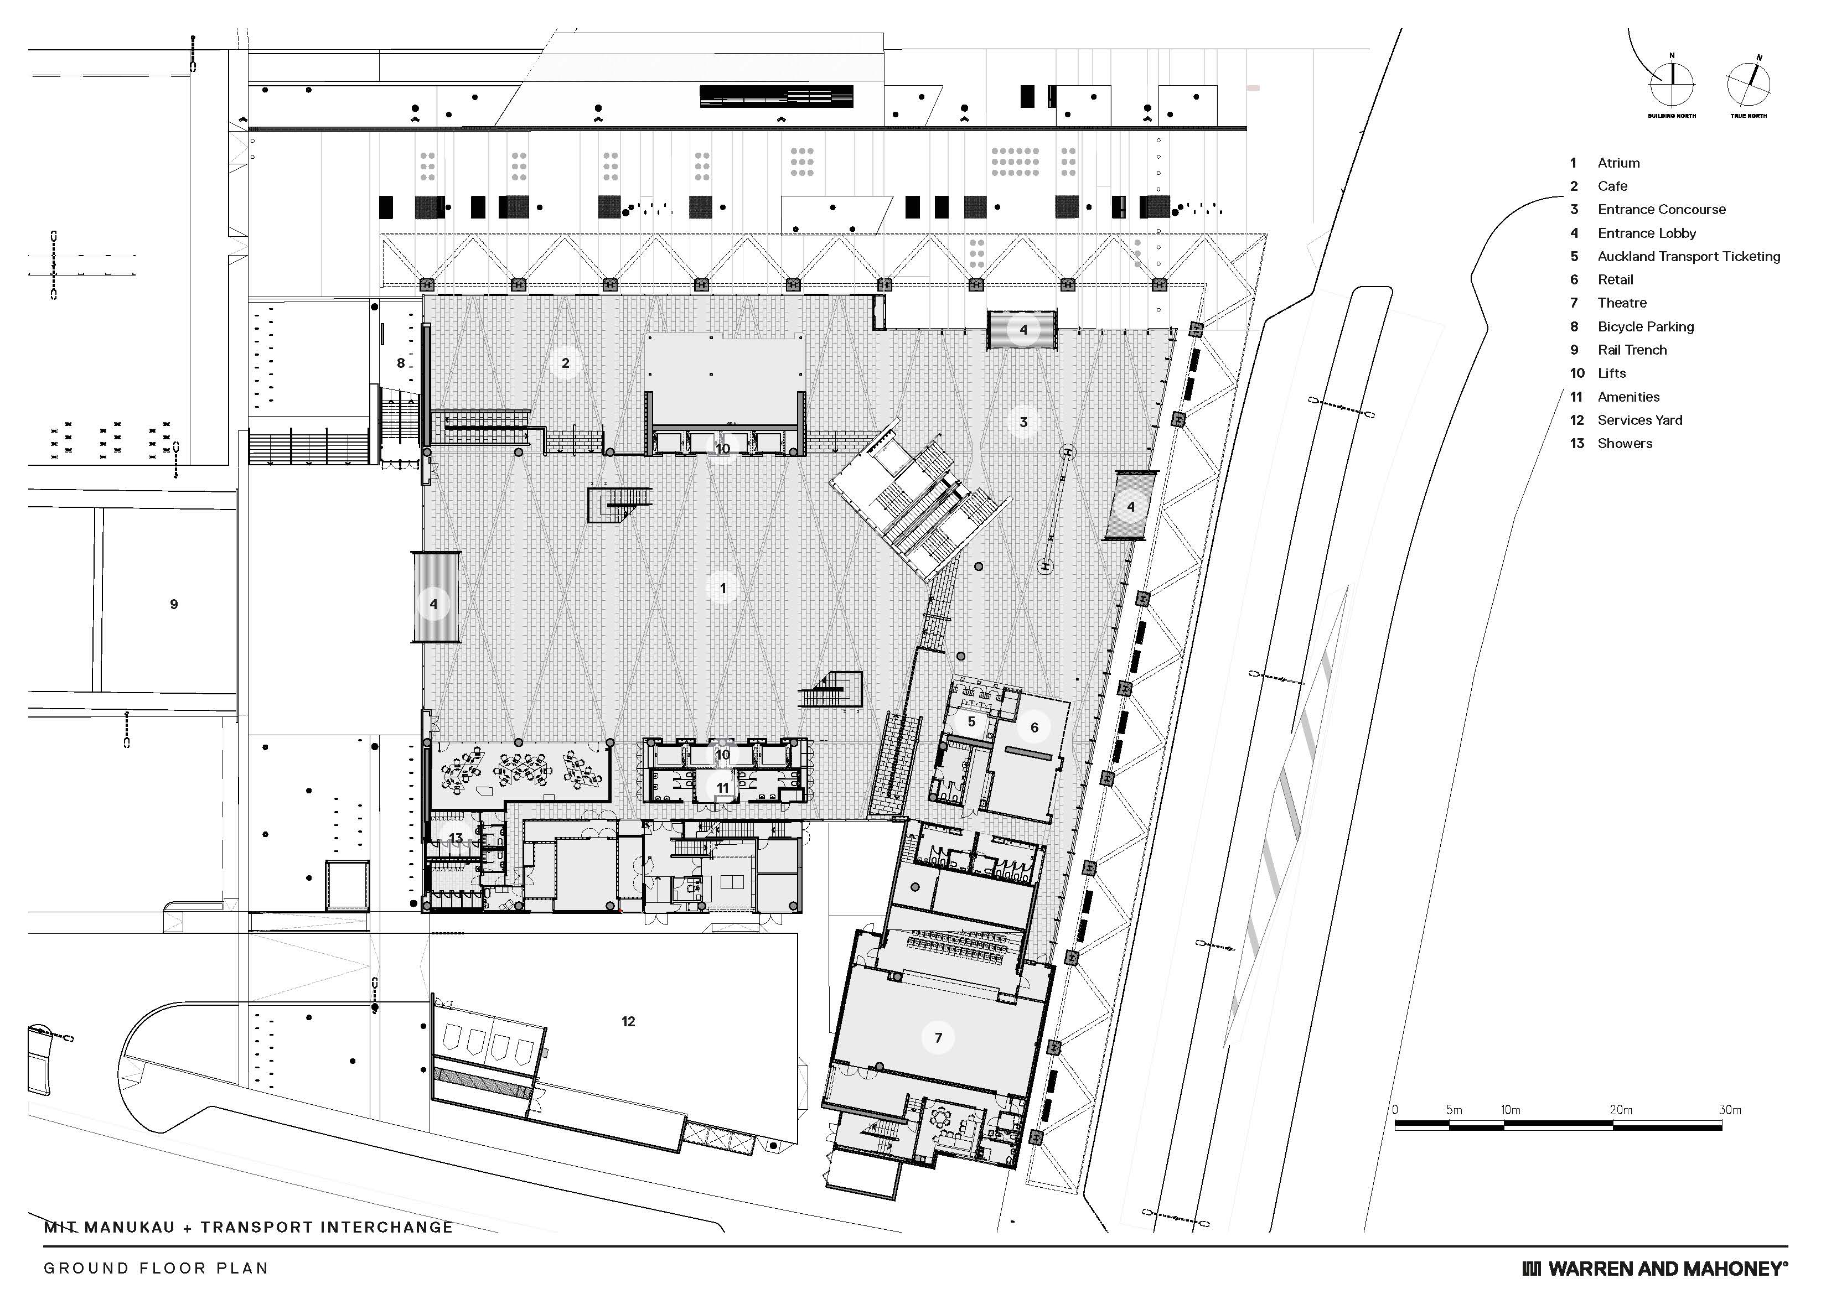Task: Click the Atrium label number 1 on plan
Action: (722, 589)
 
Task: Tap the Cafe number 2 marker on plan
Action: (566, 363)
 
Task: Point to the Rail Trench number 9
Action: (174, 604)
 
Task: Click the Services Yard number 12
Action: (628, 1021)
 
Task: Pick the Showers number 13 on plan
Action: (456, 838)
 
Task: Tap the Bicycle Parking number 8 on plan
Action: (401, 363)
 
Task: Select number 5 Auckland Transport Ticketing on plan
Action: (971, 723)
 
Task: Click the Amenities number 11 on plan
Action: (722, 788)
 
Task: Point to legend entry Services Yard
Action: (1639, 420)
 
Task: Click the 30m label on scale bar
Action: (1730, 1110)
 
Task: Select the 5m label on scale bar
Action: (1454, 1110)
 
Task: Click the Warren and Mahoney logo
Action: (1655, 1269)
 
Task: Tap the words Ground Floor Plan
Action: (156, 1269)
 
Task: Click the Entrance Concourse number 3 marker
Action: (1023, 423)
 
